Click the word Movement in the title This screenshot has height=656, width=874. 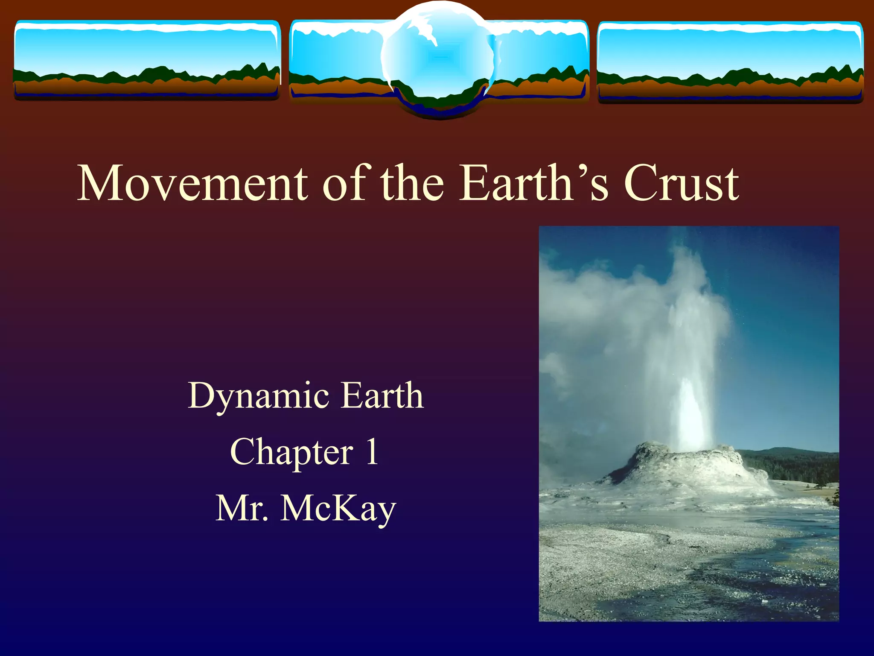[192, 184]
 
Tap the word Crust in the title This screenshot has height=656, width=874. [681, 184]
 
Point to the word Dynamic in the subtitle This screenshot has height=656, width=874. [258, 396]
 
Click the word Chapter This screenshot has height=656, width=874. [291, 452]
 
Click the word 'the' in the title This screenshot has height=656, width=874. [412, 184]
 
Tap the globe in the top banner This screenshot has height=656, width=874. [438, 58]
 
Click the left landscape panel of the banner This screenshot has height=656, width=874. [147, 60]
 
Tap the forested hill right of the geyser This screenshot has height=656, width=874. [794, 463]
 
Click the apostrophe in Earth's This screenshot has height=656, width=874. [581, 171]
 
